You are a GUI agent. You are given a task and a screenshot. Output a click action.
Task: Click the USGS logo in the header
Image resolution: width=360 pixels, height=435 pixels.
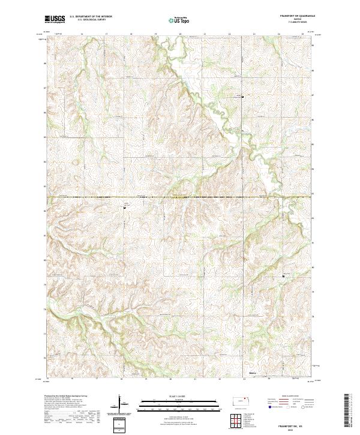click(x=55, y=19)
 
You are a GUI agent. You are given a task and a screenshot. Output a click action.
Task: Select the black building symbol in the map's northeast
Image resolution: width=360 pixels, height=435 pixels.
click(x=242, y=96)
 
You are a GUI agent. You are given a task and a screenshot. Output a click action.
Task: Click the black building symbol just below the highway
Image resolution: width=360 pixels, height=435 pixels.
click(x=124, y=208)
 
